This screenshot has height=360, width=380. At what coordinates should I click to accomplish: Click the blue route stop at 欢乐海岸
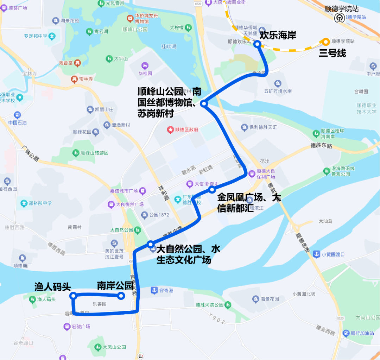[257, 44]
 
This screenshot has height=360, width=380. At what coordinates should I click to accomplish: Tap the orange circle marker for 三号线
[326, 42]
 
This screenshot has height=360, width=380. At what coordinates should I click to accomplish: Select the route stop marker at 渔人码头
[73, 296]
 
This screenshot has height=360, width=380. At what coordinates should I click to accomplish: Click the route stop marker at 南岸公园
[121, 296]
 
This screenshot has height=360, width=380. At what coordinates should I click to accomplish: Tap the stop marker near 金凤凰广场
[212, 190]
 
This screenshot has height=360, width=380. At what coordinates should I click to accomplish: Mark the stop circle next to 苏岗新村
[203, 103]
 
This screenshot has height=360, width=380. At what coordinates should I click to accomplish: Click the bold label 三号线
[332, 53]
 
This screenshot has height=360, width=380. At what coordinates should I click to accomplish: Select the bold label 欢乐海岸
[278, 35]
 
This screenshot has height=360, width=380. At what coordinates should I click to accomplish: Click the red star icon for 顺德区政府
[171, 130]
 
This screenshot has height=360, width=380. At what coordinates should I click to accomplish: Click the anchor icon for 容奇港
[154, 290]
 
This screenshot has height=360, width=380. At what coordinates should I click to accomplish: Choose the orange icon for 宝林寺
[74, 79]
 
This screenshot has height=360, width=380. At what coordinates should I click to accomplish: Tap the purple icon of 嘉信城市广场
[143, 191]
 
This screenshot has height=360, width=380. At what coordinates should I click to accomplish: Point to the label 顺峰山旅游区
[94, 153]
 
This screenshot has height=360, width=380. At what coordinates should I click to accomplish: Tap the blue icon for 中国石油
[17, 115]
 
